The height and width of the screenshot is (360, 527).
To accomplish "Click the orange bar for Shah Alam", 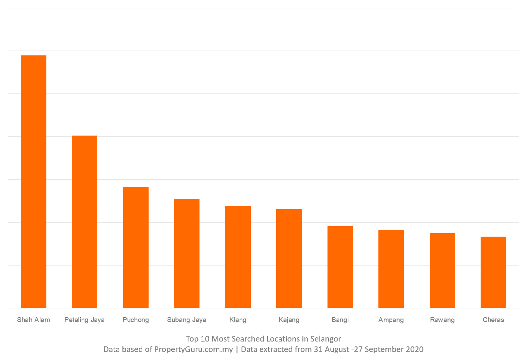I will (33, 182).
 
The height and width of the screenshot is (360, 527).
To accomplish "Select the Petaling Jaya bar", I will (84, 222).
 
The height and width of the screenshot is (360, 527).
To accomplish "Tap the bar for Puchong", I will (136, 247).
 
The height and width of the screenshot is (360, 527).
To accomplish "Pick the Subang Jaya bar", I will (187, 253).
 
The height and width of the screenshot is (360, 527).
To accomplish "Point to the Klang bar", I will (238, 257).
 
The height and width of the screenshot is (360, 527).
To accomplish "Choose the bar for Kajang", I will (289, 258).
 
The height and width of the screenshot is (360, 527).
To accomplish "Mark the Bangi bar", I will (340, 267).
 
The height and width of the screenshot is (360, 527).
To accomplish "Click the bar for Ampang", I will (391, 269).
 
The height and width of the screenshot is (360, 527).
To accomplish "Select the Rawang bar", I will (442, 270).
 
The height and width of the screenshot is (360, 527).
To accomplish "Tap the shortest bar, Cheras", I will (493, 272).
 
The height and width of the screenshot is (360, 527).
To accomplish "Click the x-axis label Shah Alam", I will (33, 320).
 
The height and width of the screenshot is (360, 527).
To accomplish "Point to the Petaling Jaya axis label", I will (84, 320).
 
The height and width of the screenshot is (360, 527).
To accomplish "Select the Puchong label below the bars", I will (136, 320).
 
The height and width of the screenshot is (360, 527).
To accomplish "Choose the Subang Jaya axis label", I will (187, 320).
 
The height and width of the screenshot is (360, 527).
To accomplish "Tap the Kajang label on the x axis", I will (289, 320).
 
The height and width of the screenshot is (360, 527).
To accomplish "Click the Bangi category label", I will (340, 320).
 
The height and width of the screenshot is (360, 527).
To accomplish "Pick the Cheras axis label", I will (493, 320).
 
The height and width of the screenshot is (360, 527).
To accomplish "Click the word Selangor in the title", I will (325, 339).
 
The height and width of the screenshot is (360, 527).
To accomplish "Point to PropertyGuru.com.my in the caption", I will (194, 349).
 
